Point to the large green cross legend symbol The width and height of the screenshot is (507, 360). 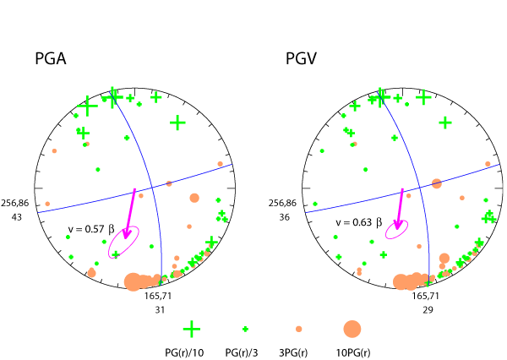coord(192,329)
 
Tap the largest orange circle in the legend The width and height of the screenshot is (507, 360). coord(352,329)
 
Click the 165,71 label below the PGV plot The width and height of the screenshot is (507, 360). coord(425,297)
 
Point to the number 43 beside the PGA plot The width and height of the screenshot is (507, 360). coord(17,217)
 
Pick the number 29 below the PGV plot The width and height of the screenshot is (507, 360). coord(425,310)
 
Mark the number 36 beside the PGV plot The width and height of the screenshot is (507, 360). coord(284,217)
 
